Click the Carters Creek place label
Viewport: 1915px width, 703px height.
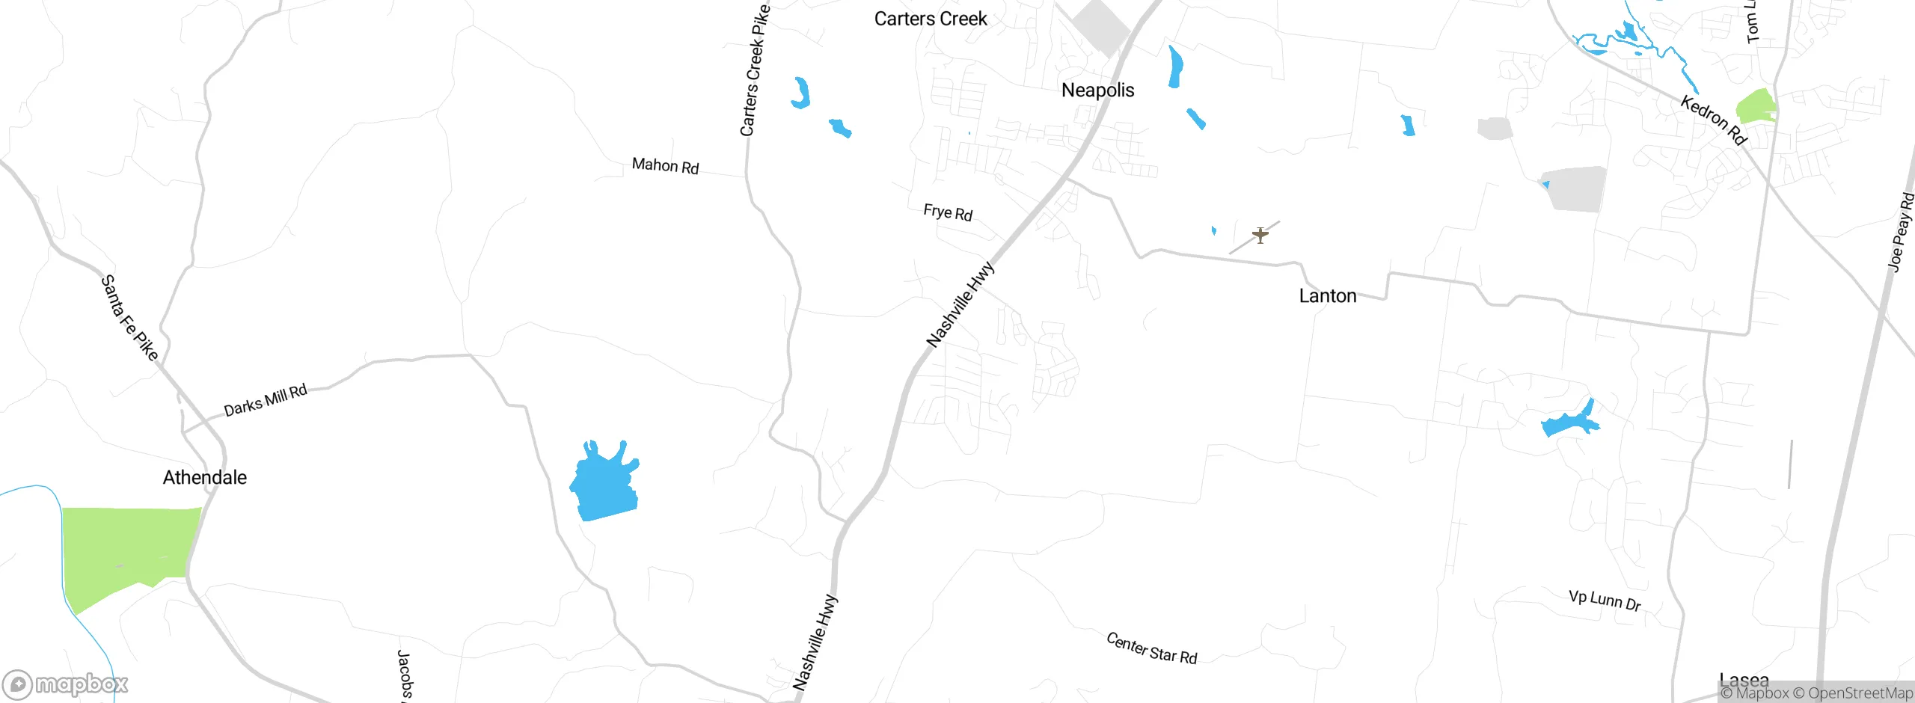point(931,19)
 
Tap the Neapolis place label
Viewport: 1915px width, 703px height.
point(1097,90)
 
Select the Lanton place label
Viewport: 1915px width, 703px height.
point(1327,296)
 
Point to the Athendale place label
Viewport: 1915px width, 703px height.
point(204,477)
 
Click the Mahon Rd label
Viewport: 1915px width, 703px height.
point(665,165)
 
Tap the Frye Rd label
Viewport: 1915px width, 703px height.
point(948,212)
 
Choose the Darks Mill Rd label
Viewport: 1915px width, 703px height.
point(266,400)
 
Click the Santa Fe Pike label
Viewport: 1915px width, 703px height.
point(129,318)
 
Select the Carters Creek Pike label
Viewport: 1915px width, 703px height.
point(754,71)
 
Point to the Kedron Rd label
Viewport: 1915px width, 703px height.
point(1713,120)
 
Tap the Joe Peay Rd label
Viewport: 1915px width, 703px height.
point(1901,232)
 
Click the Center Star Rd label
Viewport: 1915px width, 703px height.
point(1151,648)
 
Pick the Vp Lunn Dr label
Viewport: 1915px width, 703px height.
point(1605,600)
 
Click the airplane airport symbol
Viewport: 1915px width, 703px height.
point(1260,236)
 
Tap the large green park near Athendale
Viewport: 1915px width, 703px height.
point(127,546)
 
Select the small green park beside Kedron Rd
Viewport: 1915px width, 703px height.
point(1755,107)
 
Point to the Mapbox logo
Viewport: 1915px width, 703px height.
point(66,684)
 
